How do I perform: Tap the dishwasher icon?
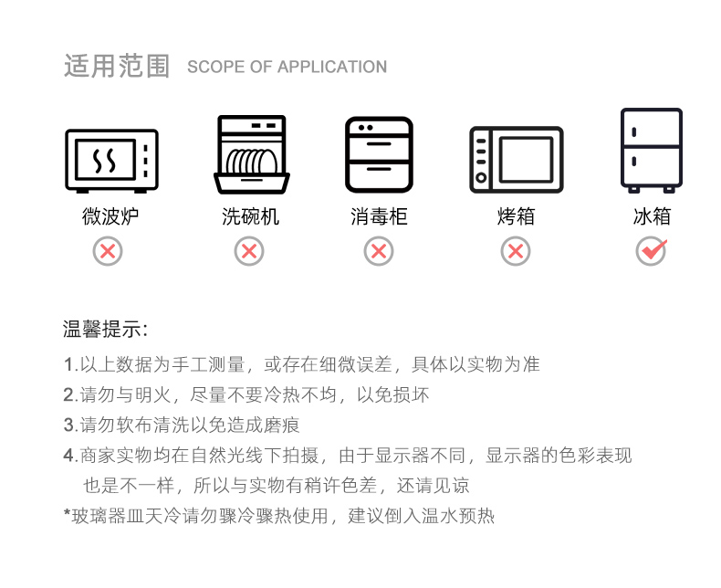click(x=251, y=155)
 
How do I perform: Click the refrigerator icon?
click(x=651, y=151)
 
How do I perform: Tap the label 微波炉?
click(x=109, y=217)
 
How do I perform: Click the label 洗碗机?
click(x=250, y=217)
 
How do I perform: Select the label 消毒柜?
click(x=379, y=217)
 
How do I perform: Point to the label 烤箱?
click(x=516, y=217)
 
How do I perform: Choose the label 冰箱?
click(x=652, y=217)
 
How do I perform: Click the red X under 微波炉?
click(x=108, y=251)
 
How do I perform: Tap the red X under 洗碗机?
click(x=249, y=251)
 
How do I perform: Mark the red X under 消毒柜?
click(x=379, y=251)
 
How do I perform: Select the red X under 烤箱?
click(x=516, y=251)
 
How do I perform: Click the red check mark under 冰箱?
click(x=652, y=250)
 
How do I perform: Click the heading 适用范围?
click(x=117, y=67)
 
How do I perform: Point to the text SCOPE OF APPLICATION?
click(x=287, y=68)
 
